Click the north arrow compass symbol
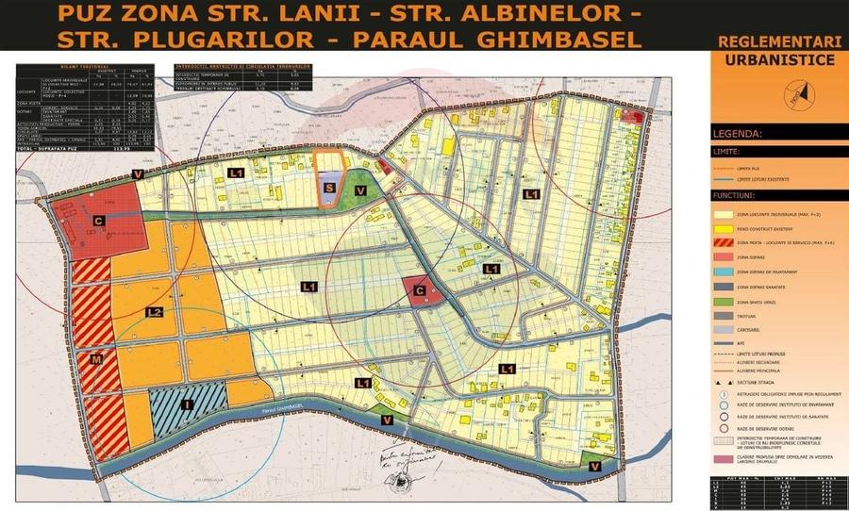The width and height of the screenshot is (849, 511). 801,92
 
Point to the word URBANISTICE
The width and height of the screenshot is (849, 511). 778,59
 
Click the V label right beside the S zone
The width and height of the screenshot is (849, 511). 359,190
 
